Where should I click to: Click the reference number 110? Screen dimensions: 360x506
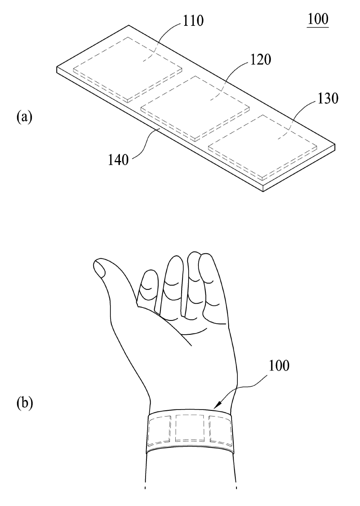coord(193,21)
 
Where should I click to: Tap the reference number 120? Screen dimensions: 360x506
coord(260,59)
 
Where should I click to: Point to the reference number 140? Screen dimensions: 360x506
coord(118,160)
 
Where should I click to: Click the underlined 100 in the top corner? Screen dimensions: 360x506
coord(318,19)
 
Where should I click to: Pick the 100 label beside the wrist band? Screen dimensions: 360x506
coord(279,366)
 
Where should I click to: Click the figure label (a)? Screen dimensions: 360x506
coord(24,117)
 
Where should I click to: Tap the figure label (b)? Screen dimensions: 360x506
coord(25,403)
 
